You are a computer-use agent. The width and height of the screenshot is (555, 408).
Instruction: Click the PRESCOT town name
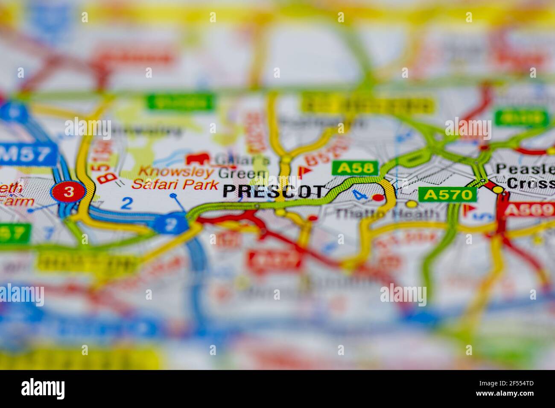(273, 191)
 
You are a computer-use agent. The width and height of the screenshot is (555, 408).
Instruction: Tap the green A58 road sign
(355, 168)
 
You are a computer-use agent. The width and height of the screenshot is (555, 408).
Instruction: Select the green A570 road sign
(447, 195)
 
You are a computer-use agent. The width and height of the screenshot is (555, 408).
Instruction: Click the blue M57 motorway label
(28, 154)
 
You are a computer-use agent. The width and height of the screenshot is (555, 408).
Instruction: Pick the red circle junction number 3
(68, 192)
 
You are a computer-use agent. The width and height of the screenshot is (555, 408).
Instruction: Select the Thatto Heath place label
(386, 213)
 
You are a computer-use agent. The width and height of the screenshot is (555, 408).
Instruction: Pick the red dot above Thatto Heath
(378, 197)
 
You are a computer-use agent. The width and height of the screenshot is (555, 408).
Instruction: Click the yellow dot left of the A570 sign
(411, 204)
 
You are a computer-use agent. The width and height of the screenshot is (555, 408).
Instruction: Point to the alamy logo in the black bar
(43, 388)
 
